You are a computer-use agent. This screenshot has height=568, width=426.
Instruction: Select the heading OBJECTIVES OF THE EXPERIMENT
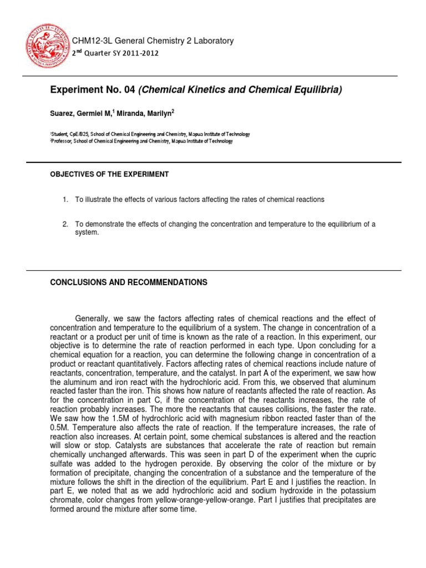109,174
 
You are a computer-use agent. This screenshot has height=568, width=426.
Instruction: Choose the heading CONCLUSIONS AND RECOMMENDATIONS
129,282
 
